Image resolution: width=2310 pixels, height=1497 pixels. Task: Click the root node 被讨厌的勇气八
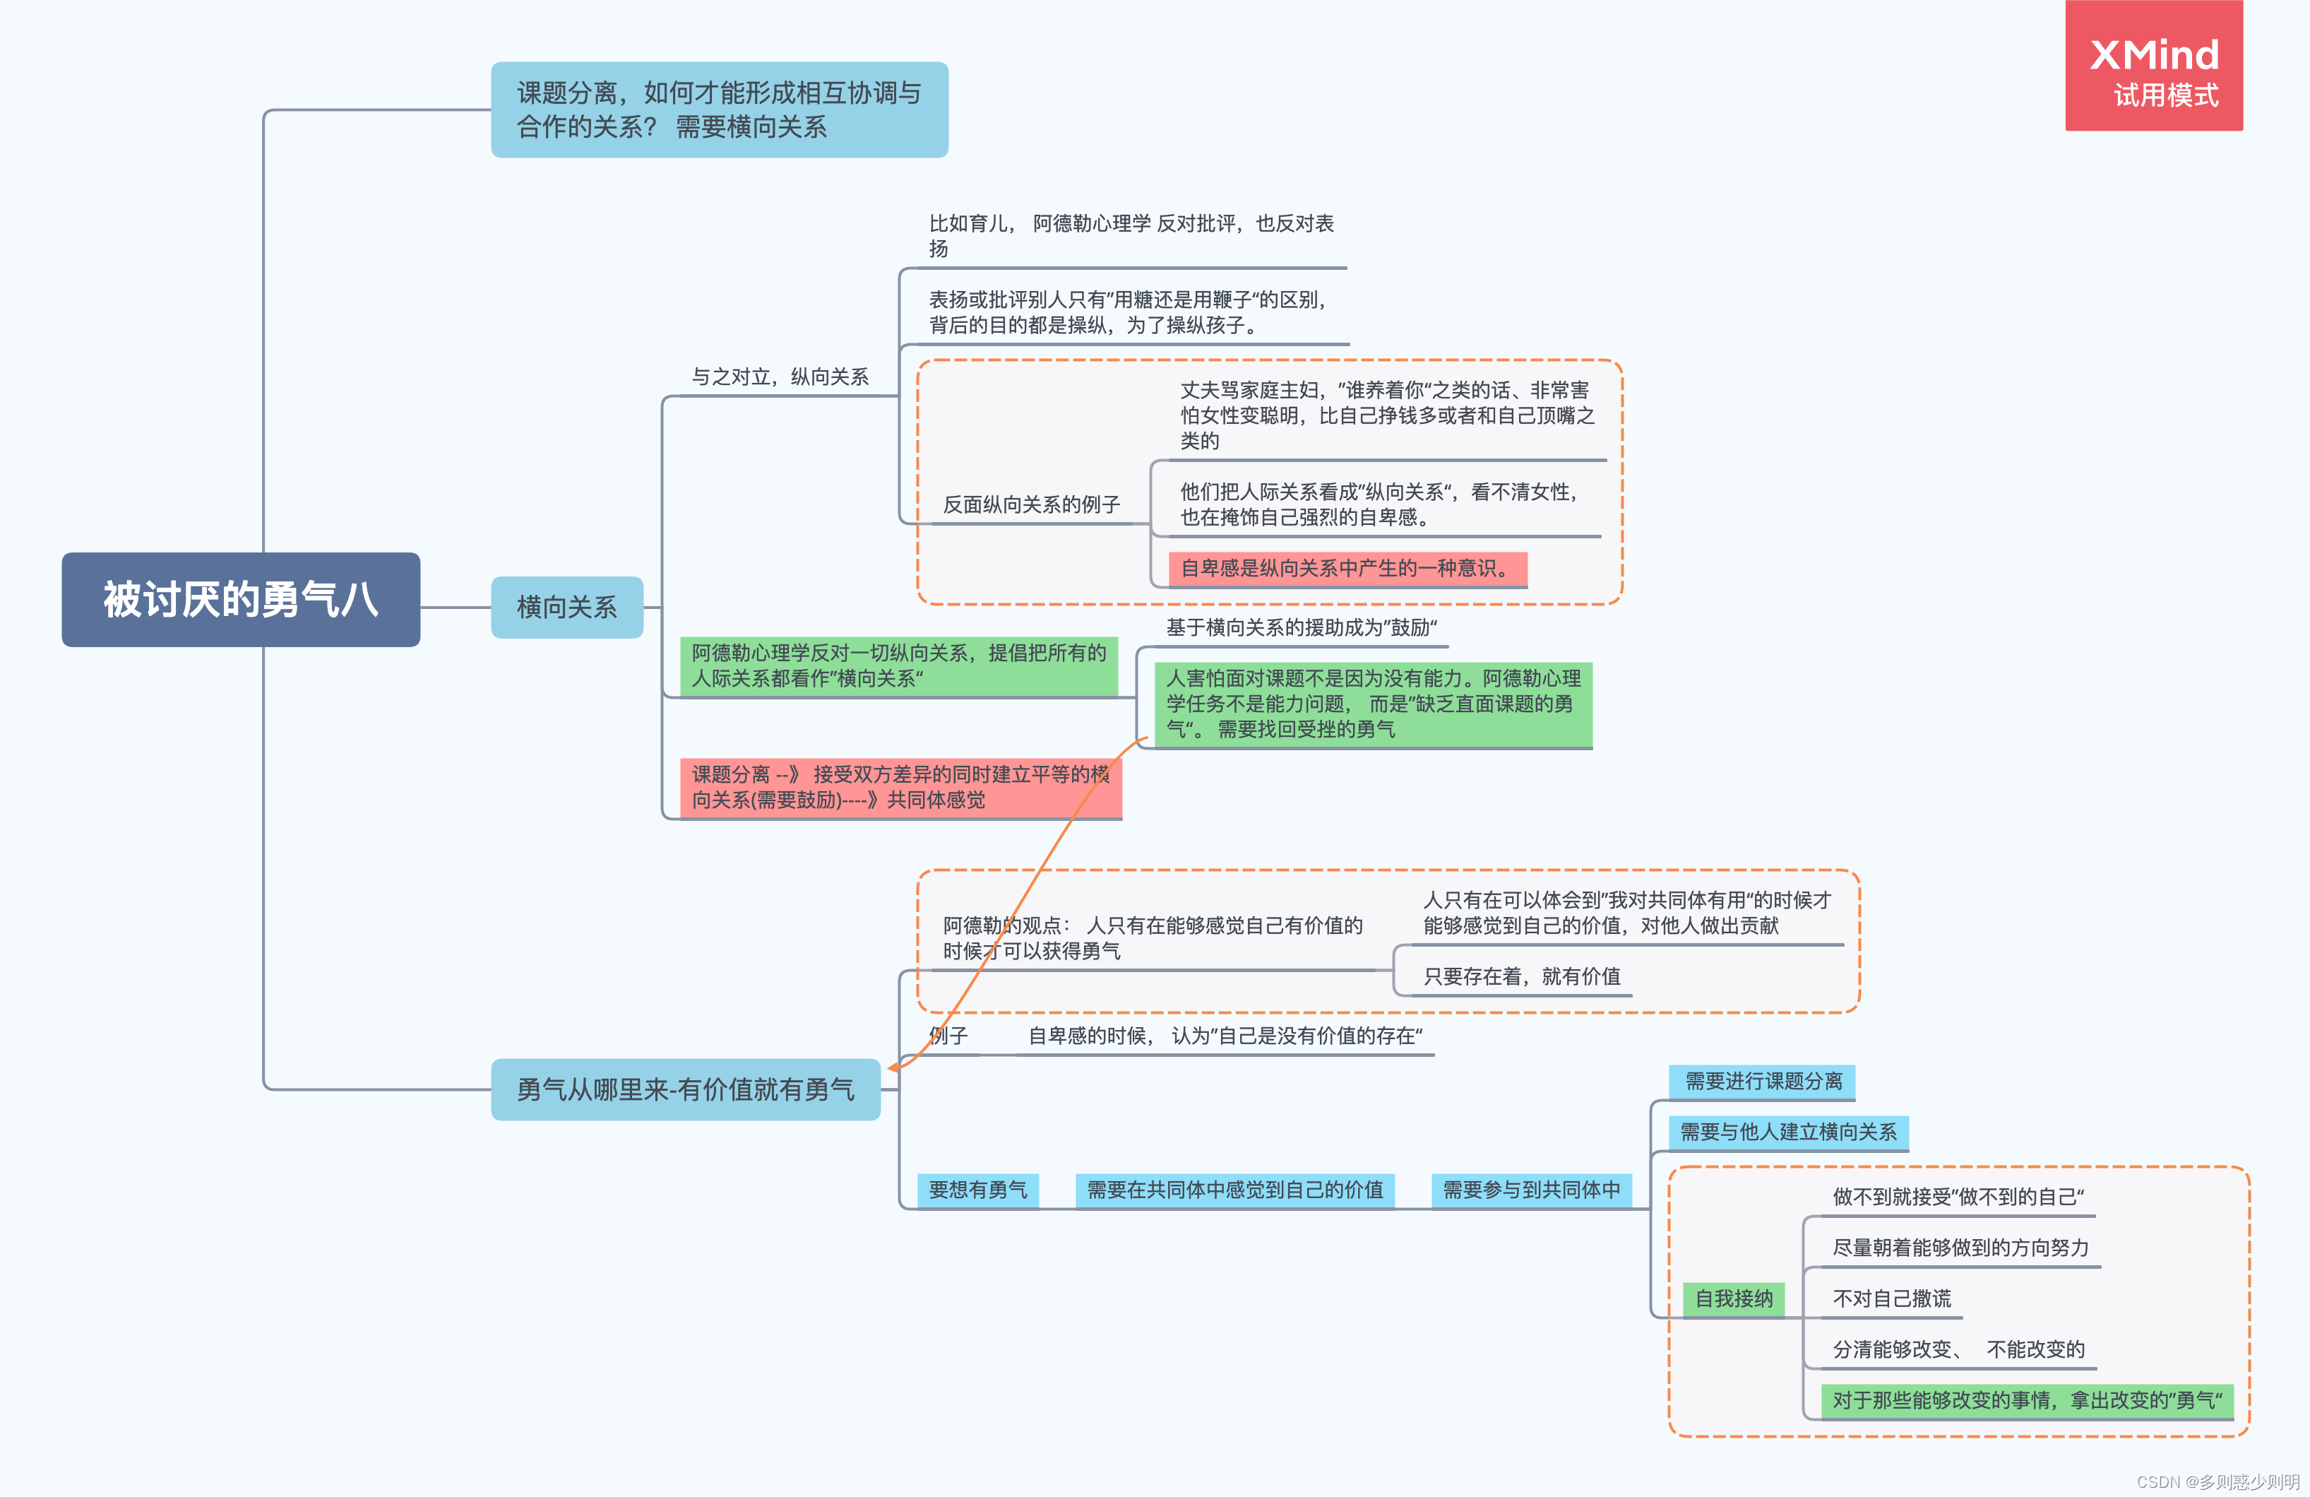(241, 599)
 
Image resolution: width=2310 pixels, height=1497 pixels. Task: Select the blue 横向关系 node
(567, 607)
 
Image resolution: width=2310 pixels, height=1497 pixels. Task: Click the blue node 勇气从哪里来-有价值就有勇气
(685, 1089)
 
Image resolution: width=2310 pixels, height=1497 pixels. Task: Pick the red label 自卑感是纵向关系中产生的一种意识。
(1347, 568)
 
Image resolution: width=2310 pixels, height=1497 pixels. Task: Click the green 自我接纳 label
(1734, 1298)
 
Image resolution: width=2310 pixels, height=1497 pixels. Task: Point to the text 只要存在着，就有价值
(1521, 976)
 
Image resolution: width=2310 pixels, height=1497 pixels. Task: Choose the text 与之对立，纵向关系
(780, 377)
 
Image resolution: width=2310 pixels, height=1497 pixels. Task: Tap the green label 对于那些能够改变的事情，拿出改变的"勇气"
(2027, 1400)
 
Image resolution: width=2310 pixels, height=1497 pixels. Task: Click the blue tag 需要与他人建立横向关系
(1788, 1131)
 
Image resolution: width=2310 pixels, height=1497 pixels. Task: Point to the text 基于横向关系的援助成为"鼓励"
(1301, 627)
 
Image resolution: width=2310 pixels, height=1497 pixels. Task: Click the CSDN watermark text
(2217, 1481)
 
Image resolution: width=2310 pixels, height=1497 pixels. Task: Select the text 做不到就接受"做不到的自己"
(1957, 1196)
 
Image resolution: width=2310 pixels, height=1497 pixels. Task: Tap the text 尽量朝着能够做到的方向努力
(1960, 1248)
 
